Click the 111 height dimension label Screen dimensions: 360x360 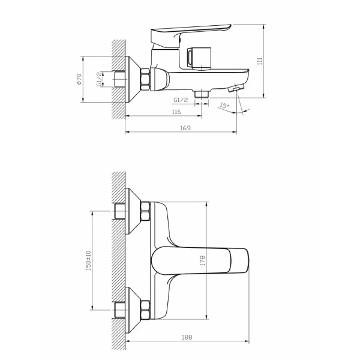(x=260, y=61)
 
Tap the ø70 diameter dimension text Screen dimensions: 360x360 (x=79, y=79)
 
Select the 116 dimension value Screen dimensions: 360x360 (x=176, y=112)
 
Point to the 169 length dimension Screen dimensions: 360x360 (x=185, y=128)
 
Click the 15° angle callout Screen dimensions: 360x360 (x=224, y=106)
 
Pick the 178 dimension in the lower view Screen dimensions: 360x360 (x=203, y=260)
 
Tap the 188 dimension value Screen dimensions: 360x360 (x=187, y=337)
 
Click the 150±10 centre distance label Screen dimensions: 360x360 (x=89, y=260)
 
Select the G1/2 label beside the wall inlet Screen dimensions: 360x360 (x=99, y=79)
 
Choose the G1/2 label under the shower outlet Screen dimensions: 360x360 (x=181, y=100)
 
